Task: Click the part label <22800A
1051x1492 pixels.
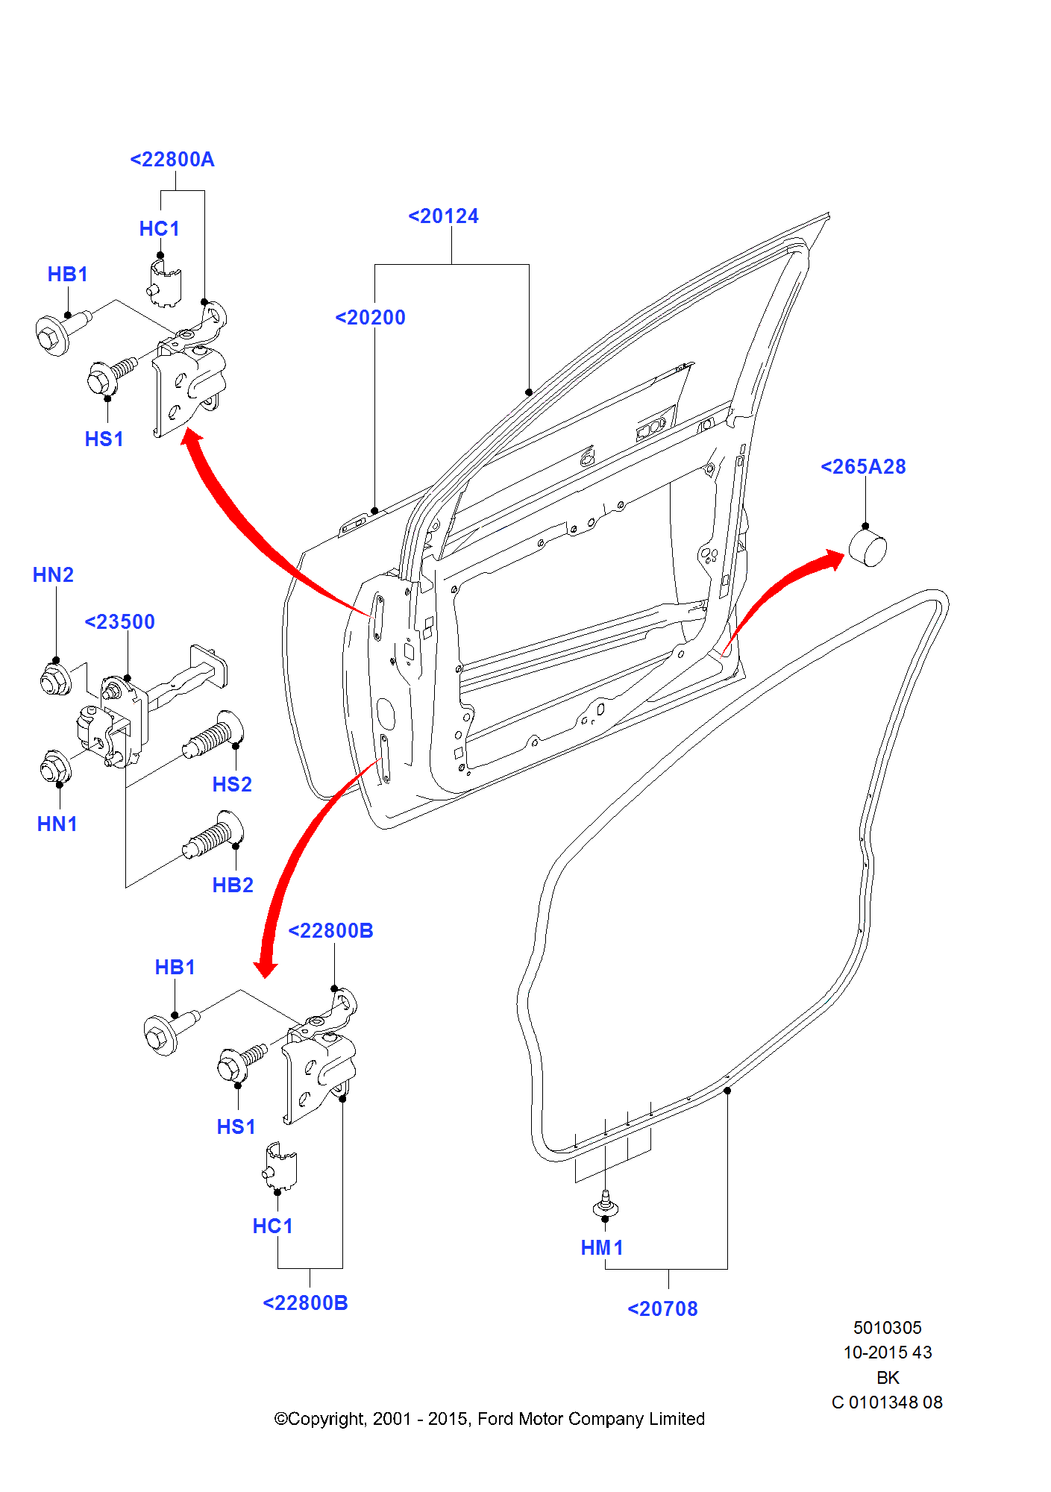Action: [172, 160]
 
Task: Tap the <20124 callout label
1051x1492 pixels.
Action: [443, 216]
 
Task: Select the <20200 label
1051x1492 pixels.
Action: [370, 318]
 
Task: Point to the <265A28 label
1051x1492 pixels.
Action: [863, 467]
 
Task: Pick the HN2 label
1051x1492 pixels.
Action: [53, 575]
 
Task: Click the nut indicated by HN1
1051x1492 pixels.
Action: [54, 767]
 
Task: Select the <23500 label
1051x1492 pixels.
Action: [119, 622]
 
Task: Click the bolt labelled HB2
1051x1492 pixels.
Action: [213, 835]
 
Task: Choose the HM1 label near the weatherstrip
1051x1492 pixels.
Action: [601, 1248]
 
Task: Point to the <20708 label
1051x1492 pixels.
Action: [662, 1309]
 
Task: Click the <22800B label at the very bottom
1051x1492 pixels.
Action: [305, 1303]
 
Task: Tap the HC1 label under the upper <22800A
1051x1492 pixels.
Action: [159, 229]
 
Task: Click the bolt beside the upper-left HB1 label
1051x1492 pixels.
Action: [60, 332]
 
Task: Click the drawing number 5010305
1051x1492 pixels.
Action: [887, 1328]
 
